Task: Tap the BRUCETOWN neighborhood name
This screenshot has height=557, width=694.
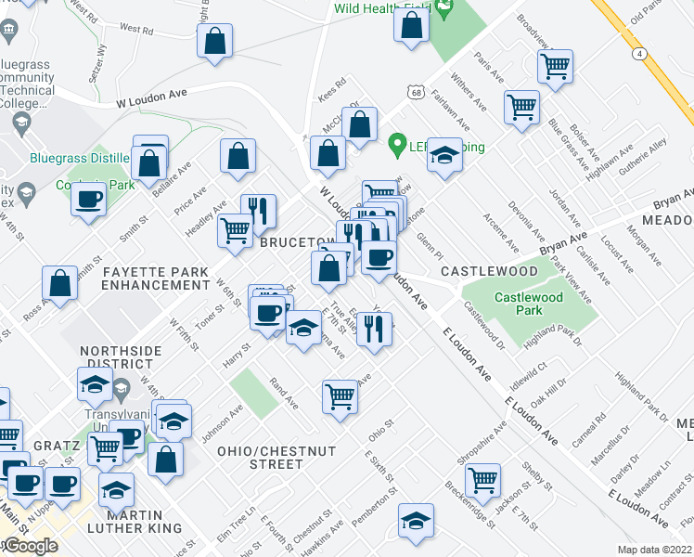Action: click(x=297, y=241)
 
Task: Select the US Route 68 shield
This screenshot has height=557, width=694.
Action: click(x=414, y=91)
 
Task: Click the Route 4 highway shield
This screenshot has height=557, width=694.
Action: click(x=640, y=54)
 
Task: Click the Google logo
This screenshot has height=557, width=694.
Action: click(x=31, y=546)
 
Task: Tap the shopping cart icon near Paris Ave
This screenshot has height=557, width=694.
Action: click(x=555, y=65)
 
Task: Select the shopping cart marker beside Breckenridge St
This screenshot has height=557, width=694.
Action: click(x=482, y=479)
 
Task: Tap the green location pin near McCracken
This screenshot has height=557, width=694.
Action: click(x=398, y=145)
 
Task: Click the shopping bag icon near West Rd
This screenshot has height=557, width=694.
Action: click(x=214, y=40)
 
